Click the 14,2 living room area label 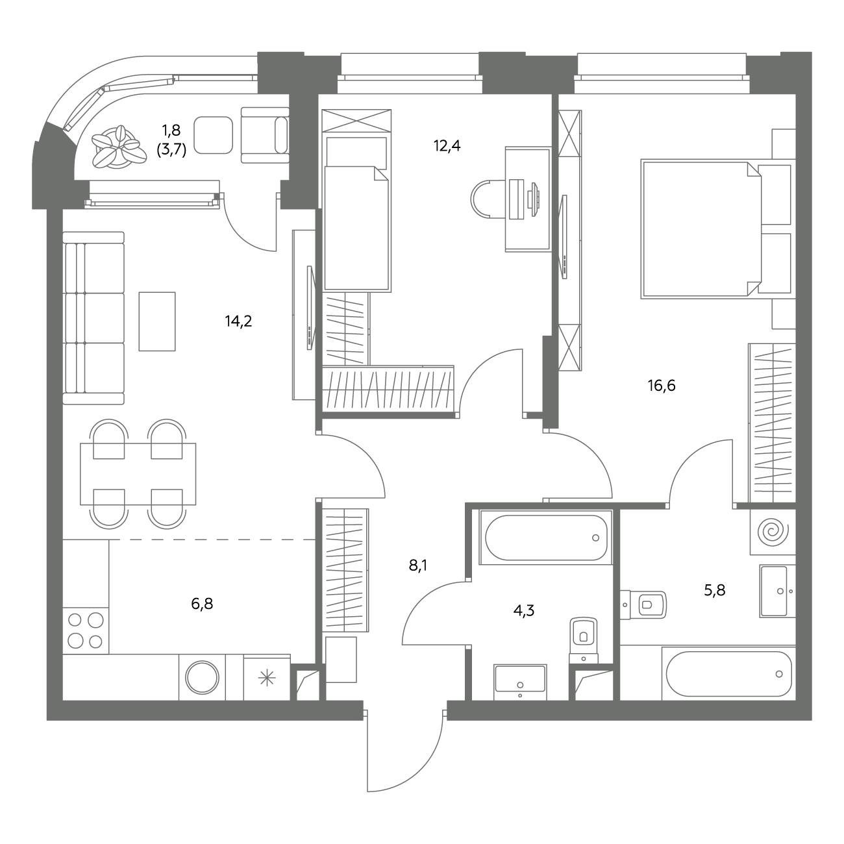click(238, 321)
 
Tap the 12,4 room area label click(447, 146)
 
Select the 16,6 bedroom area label click(662, 386)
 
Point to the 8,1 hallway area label click(418, 565)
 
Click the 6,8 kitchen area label click(202, 604)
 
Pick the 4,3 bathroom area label click(524, 610)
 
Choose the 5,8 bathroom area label click(714, 590)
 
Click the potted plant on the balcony click(119, 147)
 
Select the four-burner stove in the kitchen click(86, 630)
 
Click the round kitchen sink click(202, 678)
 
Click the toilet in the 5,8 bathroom click(643, 605)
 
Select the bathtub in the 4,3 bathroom click(545, 538)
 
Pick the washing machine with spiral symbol click(773, 532)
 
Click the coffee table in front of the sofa click(157, 321)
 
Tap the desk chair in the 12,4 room click(488, 199)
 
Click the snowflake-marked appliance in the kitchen click(267, 678)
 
